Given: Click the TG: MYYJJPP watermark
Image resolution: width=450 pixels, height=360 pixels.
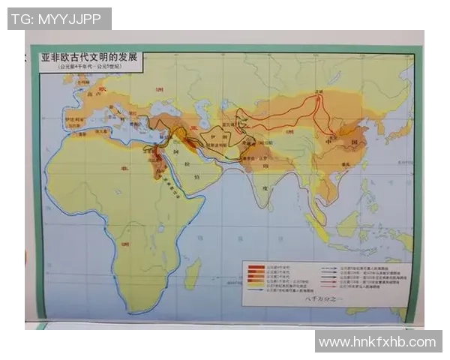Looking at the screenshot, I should (x=59, y=19).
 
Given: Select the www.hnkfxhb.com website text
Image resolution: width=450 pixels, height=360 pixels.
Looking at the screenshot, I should (x=377, y=342).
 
